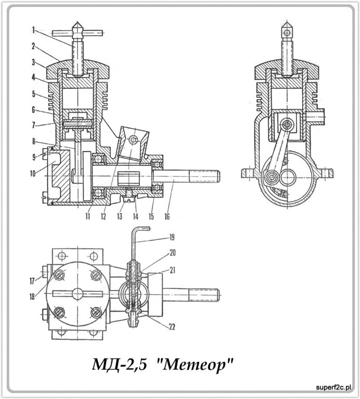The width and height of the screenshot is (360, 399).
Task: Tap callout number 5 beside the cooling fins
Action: point(33,94)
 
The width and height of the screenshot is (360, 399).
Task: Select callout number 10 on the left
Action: point(32,174)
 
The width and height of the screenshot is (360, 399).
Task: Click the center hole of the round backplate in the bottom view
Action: point(76,292)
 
